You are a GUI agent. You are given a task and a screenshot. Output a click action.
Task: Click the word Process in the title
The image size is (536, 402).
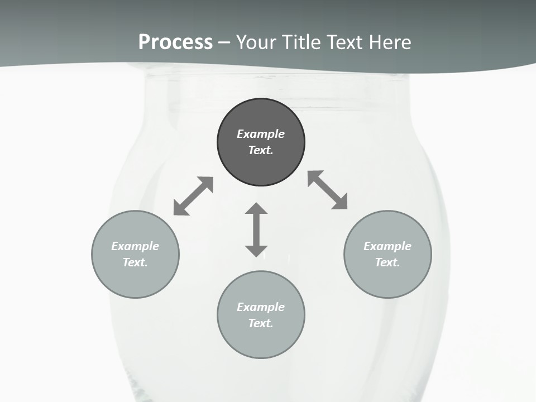pos(175,42)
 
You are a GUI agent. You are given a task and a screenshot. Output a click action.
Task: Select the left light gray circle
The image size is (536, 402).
pos(135,279)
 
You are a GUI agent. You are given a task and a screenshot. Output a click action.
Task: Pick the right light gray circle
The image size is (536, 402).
pos(387,279)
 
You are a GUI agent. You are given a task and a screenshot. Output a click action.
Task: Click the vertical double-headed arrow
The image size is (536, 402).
pos(256,229)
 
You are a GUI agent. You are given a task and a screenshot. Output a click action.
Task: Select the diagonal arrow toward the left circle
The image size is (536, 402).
pos(193,196)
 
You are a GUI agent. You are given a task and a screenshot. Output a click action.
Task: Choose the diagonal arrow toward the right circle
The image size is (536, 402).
pos(328,190)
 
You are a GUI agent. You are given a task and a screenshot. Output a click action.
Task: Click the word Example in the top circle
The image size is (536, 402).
pos(261,134)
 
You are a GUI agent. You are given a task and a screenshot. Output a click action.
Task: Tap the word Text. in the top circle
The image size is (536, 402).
pos(261,150)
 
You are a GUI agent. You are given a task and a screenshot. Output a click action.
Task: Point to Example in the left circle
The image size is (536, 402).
pos(135,246)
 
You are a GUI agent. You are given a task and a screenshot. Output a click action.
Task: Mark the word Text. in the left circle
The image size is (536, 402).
pos(135,262)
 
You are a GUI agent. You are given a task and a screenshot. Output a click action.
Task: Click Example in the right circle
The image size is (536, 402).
pos(387,246)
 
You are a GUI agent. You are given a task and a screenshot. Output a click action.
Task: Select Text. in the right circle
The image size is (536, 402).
pos(387,262)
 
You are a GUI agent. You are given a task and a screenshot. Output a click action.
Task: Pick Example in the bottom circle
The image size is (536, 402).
pos(261,307)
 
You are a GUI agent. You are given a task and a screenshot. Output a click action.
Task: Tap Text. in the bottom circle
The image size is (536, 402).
pos(261,323)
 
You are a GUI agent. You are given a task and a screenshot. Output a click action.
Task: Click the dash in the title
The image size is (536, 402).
pos(224,42)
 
